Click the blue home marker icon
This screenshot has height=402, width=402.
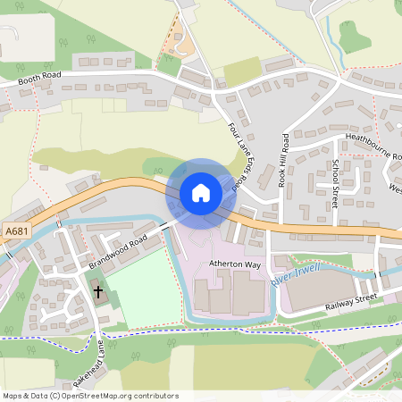[x=201, y=193]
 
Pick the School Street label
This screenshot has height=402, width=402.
[x=335, y=183]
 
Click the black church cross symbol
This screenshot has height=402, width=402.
[x=97, y=291]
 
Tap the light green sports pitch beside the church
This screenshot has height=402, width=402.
[x=143, y=290]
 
